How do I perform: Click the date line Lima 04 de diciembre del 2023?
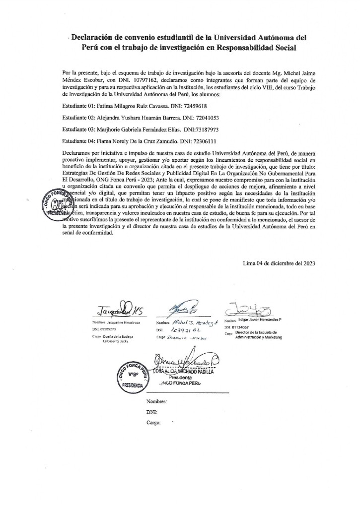coord(279,263)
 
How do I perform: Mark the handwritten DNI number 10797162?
coord(184,329)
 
